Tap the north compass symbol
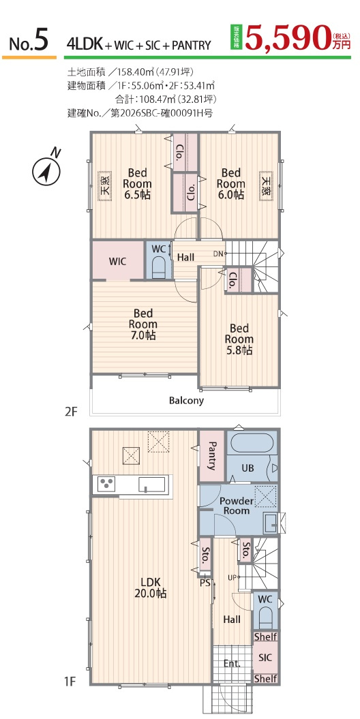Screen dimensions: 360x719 (46, 170)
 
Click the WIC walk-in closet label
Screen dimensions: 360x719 (117, 262)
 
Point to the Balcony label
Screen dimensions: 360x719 (186, 400)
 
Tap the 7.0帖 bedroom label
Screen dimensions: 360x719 (143, 324)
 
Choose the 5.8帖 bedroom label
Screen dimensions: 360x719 (239, 339)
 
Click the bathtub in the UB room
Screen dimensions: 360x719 (252, 444)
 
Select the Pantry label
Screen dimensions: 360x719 (212, 456)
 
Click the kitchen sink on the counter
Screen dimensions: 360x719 (152, 485)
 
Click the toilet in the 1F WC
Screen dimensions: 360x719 (265, 617)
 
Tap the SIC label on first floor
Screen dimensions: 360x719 (265, 658)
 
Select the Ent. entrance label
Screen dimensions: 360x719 (232, 663)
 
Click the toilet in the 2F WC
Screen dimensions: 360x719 (159, 266)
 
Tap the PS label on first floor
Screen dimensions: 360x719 (205, 583)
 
